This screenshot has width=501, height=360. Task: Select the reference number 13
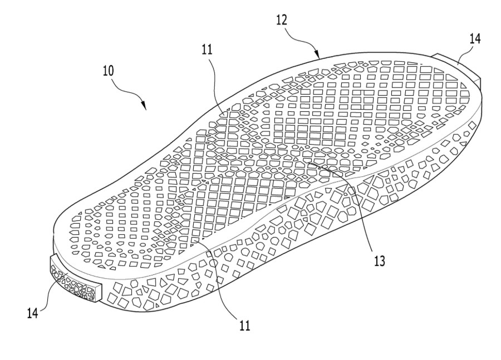(380, 259)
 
